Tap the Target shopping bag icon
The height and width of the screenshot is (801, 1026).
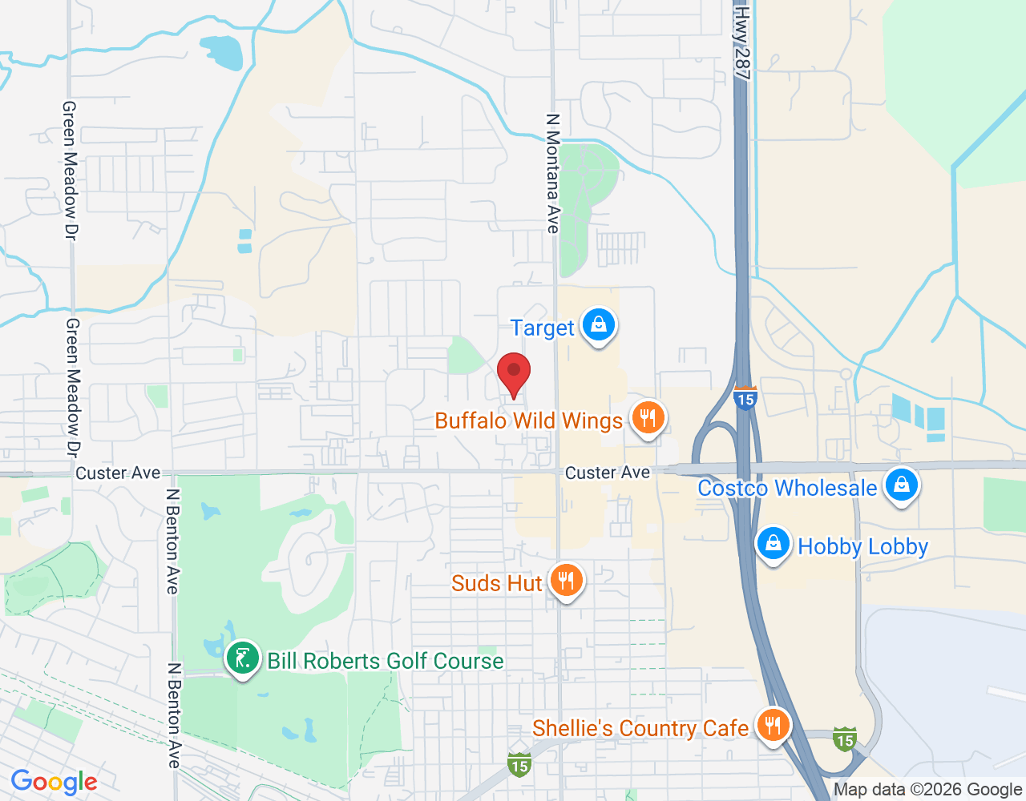[x=598, y=325]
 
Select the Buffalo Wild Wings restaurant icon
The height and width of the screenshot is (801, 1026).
[x=648, y=418]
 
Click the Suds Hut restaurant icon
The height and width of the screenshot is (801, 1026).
[x=567, y=580]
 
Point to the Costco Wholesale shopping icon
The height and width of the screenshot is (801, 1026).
[x=902, y=485]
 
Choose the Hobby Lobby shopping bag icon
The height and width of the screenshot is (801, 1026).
[x=774, y=544]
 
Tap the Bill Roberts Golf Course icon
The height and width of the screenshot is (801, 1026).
[x=242, y=659]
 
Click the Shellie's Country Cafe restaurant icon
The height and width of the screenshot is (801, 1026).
[x=773, y=726]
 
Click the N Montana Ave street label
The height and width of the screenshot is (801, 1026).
[x=552, y=173]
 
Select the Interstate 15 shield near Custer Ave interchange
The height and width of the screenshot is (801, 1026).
[x=745, y=398]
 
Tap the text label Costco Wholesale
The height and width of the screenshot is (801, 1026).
[x=787, y=488]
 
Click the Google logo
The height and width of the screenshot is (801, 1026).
[x=54, y=782]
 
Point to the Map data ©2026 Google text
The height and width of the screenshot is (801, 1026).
[x=927, y=789]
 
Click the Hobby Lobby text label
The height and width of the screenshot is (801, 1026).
[x=863, y=546]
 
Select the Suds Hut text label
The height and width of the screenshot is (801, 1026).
[x=497, y=582]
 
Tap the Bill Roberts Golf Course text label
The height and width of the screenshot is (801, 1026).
[x=386, y=661]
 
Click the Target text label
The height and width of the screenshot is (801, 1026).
[x=543, y=328]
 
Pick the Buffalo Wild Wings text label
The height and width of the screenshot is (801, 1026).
[x=529, y=421]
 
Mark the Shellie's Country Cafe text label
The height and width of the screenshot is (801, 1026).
[x=640, y=728]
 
